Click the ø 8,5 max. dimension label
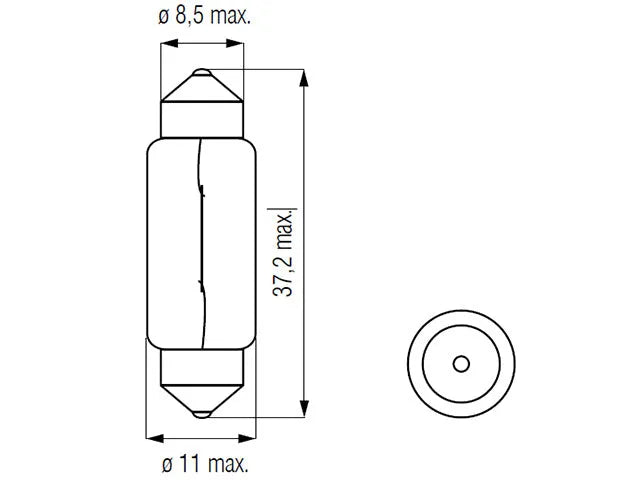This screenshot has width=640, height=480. (204, 16)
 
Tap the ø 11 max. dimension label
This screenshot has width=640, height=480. (205, 464)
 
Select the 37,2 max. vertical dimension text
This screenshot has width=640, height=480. (282, 253)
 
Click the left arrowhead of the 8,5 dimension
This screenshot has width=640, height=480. (170, 43)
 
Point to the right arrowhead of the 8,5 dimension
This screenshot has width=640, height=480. (235, 43)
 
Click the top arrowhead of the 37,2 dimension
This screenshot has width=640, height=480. (304, 78)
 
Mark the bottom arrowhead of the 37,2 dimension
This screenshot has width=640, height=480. (304, 409)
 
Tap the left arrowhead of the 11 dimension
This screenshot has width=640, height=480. (155, 439)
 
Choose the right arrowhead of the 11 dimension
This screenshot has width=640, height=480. (247, 439)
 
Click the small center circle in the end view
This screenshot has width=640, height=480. (461, 364)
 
